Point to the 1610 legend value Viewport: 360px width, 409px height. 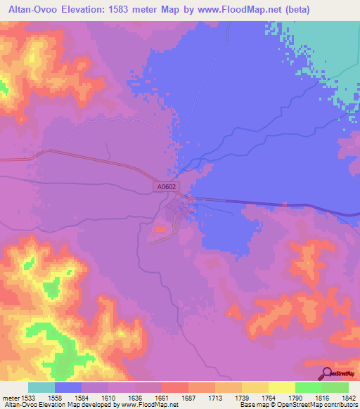tap(108, 396)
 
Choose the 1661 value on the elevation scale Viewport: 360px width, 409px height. tap(162, 396)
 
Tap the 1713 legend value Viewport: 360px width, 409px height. tap(215, 396)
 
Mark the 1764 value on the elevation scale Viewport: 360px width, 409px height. tap(268, 396)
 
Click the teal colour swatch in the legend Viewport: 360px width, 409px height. tap(41, 387)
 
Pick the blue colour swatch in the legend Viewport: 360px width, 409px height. tap(68, 387)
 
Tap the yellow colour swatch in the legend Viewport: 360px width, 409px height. tap(281, 387)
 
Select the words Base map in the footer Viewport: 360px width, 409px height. tap(252, 404)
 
